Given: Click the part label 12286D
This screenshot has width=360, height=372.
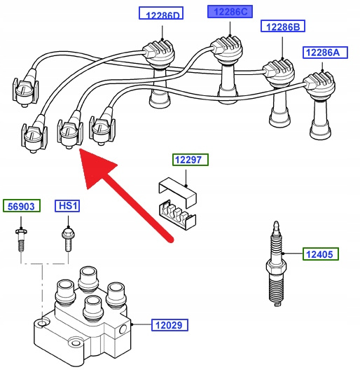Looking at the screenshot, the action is click(x=161, y=13).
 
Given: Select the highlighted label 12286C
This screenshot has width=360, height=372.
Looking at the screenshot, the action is click(x=230, y=12).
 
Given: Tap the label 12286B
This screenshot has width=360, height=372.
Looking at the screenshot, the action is click(x=283, y=26).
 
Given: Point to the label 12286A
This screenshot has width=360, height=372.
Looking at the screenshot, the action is click(x=325, y=53).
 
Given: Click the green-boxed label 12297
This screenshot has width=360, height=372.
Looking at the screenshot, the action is click(x=191, y=160).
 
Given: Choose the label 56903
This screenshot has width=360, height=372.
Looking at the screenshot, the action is click(x=22, y=206).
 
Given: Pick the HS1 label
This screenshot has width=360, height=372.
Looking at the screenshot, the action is click(x=67, y=206).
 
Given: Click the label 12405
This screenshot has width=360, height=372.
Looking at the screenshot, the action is click(x=321, y=254).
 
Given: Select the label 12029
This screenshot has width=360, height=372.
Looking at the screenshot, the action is click(x=169, y=325).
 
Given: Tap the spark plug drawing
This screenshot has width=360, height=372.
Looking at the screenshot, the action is click(x=276, y=263).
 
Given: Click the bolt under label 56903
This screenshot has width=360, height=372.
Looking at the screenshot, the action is click(x=21, y=239).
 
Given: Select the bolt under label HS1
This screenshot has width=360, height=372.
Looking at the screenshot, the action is click(x=69, y=239).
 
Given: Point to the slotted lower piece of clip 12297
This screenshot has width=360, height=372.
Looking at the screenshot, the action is click(x=177, y=215).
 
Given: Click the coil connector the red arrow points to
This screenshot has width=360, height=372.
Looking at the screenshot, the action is click(x=70, y=133).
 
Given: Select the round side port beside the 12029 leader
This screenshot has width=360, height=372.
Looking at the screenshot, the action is click(x=123, y=329).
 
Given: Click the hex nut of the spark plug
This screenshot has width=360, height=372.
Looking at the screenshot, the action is click(x=275, y=268).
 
